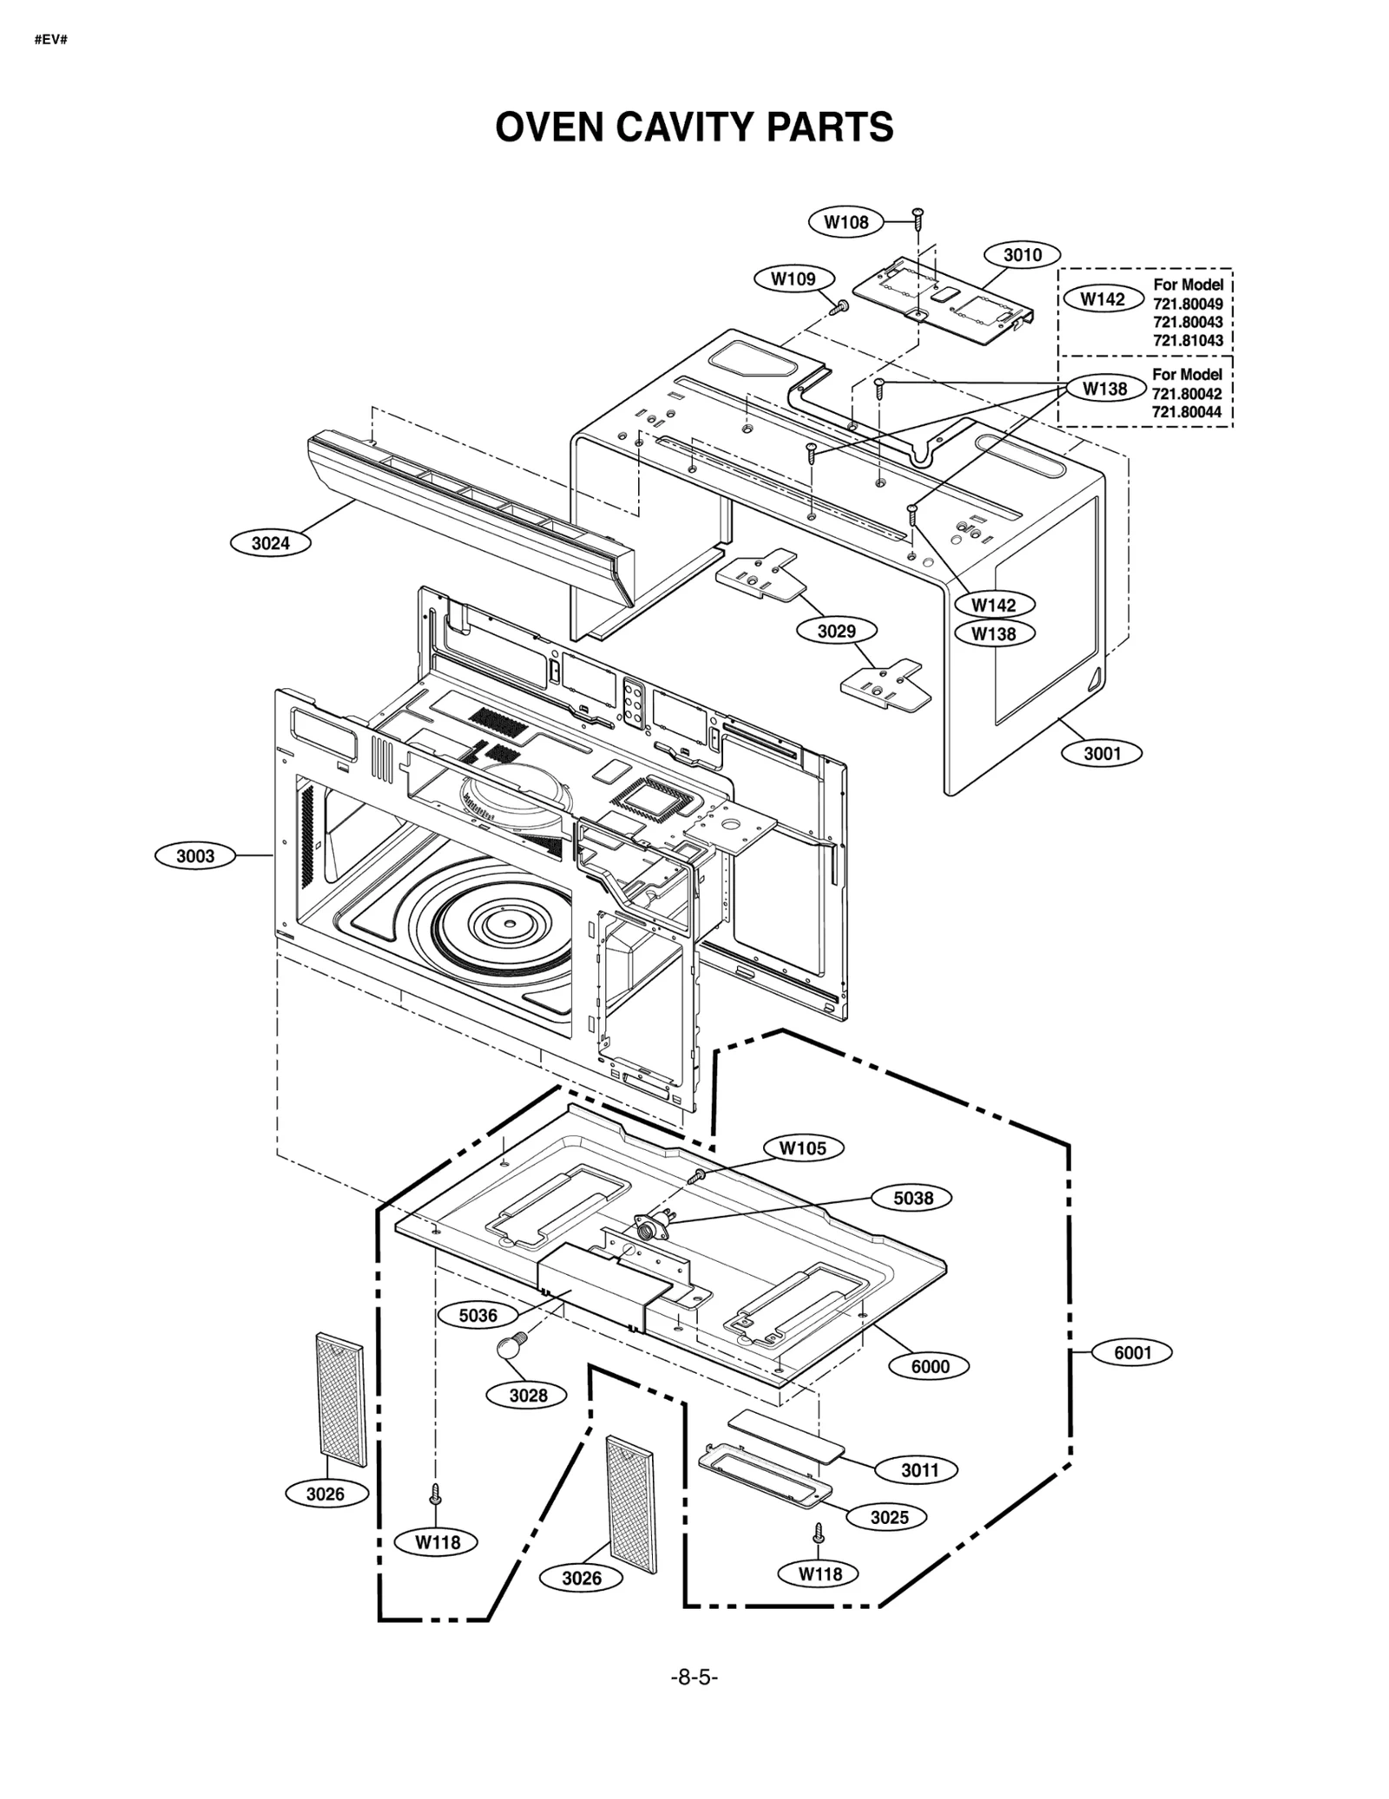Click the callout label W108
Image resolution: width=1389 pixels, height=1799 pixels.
(x=846, y=222)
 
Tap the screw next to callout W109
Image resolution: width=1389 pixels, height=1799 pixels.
(x=839, y=306)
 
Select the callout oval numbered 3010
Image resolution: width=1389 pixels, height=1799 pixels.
(x=1022, y=255)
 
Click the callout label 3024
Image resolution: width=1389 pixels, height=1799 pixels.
(x=270, y=543)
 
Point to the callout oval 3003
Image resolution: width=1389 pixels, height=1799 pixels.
(x=195, y=856)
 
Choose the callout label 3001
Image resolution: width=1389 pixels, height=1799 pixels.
(x=1102, y=753)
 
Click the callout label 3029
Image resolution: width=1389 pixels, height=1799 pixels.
(x=836, y=631)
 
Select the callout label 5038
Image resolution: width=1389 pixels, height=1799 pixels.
(x=913, y=1198)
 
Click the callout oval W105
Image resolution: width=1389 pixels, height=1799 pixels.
(x=803, y=1148)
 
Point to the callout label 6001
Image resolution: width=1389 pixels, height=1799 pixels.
(x=1132, y=1353)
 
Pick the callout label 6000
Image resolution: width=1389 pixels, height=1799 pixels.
(x=930, y=1366)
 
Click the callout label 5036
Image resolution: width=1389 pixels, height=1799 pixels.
(x=477, y=1316)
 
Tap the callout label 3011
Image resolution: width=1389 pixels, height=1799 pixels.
(x=919, y=1470)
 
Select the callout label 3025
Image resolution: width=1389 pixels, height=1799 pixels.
(x=889, y=1517)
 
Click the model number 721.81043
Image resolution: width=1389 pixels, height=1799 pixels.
(x=1188, y=341)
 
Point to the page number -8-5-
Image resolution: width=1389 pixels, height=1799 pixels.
(x=694, y=1678)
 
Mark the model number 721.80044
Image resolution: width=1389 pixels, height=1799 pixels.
(x=1187, y=412)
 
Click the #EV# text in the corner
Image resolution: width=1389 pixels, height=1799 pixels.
(x=51, y=40)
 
